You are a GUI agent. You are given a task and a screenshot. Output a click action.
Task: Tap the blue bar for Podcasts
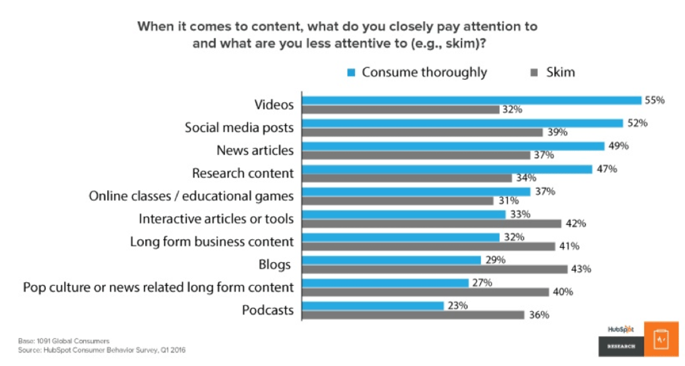point(373,305)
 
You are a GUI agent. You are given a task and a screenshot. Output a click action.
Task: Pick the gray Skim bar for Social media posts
point(423,132)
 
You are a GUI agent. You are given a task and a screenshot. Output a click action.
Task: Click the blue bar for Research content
point(447,169)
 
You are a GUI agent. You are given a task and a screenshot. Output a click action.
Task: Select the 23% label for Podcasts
point(457,306)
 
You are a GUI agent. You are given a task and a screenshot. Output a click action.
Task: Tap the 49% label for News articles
point(619,146)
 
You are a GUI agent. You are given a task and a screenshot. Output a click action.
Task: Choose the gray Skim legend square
point(535,72)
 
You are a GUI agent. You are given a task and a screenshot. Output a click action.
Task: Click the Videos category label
point(274,104)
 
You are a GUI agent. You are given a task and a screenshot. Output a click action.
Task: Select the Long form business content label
point(212,241)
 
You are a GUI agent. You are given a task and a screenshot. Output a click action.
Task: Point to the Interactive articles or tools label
point(216,219)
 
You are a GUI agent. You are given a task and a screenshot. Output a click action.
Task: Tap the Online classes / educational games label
point(191,196)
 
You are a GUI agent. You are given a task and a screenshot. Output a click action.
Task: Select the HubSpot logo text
point(620,329)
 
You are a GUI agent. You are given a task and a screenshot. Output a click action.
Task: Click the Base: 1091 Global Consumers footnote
point(64,341)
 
